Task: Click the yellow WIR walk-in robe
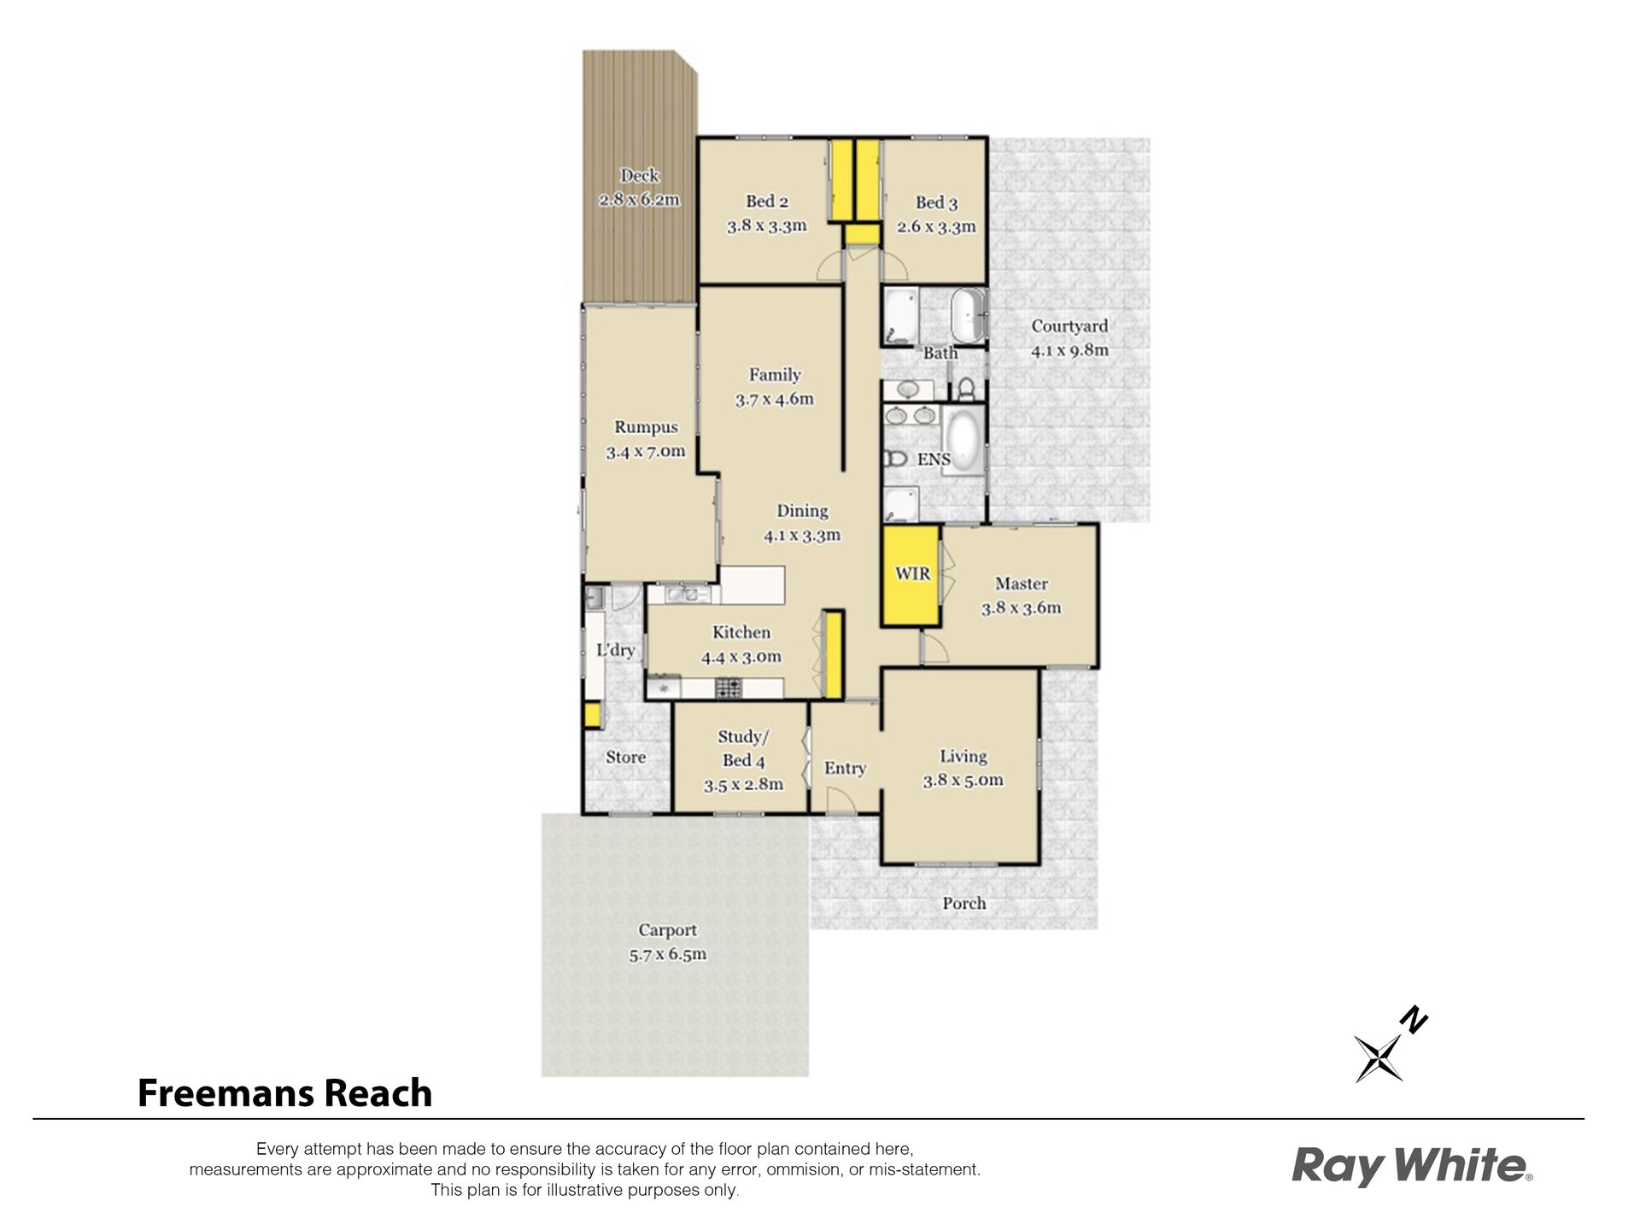pos(911,575)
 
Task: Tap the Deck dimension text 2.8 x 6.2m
pos(639,200)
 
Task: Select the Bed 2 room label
pos(767,202)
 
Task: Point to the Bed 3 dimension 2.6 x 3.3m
pos(936,226)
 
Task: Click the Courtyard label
pos(1069,325)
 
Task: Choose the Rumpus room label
pos(646,427)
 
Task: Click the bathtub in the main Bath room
pos(968,316)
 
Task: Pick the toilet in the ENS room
pos(895,459)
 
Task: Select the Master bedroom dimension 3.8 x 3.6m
pos(1021,608)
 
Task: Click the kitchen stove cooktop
pos(729,686)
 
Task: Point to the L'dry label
pos(615,650)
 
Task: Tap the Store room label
pos(625,757)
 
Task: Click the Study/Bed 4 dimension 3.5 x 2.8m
pos(743,784)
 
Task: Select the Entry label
pos(845,769)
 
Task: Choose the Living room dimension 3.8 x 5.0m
pos(963,780)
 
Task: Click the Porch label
pos(963,903)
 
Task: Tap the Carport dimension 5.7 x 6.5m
pos(667,954)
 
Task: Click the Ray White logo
pos(1412,1166)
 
